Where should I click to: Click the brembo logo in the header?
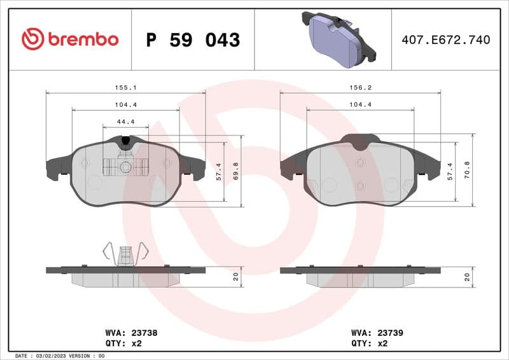click(70, 39)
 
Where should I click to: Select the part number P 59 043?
click(193, 40)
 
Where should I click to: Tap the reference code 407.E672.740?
click(446, 40)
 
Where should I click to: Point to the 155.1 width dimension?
click(125, 88)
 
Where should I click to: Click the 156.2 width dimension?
click(360, 88)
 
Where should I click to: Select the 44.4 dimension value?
click(125, 121)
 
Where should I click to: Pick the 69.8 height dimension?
click(235, 171)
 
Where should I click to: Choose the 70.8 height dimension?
click(468, 171)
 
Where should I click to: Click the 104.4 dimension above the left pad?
click(125, 104)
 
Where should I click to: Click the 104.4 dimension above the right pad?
click(360, 104)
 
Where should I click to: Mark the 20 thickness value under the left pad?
click(235, 277)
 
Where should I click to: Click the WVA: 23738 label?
click(131, 332)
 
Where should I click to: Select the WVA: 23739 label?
click(377, 332)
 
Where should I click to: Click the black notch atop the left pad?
click(125, 140)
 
